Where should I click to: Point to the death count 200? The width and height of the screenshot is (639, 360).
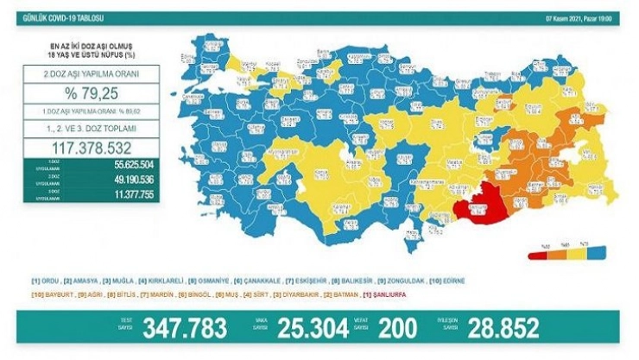point(397,329)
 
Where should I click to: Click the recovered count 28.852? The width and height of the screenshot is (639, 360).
point(502,329)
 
